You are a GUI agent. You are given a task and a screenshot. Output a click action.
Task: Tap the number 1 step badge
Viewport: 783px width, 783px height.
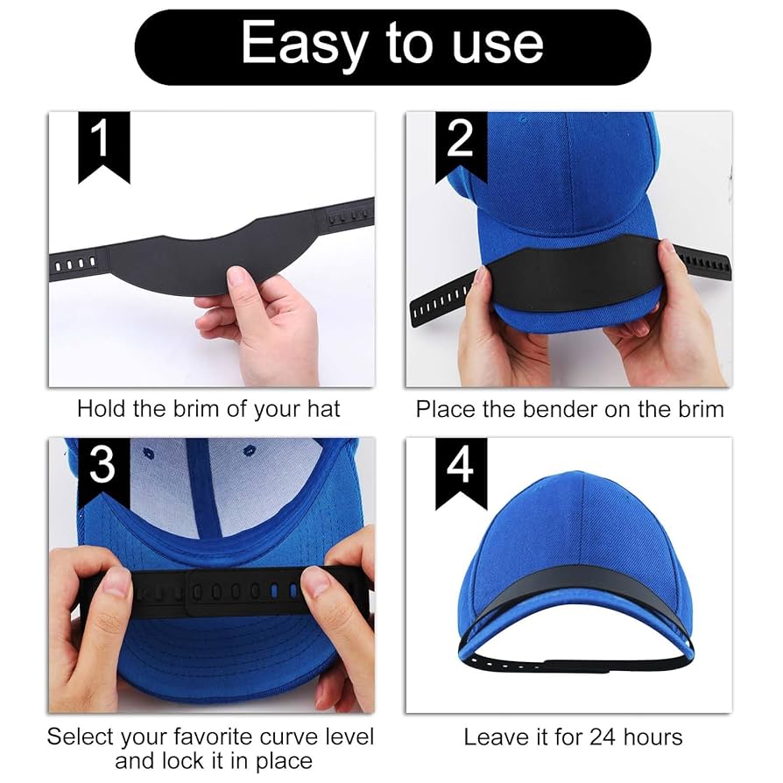[103, 144]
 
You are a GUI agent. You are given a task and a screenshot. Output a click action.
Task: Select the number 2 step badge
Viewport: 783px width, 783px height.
[461, 144]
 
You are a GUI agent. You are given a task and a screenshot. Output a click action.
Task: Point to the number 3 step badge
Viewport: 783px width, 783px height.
[103, 469]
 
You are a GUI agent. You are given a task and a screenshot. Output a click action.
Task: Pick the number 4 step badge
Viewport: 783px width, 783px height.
[461, 469]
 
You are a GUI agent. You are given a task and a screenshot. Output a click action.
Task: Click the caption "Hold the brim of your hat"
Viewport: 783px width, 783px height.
[208, 408]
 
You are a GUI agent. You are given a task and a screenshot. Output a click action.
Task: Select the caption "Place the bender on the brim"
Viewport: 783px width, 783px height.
[569, 408]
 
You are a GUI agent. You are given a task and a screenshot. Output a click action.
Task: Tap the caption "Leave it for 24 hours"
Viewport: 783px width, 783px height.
[573, 737]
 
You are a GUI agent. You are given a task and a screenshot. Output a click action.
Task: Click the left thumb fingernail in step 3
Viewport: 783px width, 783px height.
[116, 582]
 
